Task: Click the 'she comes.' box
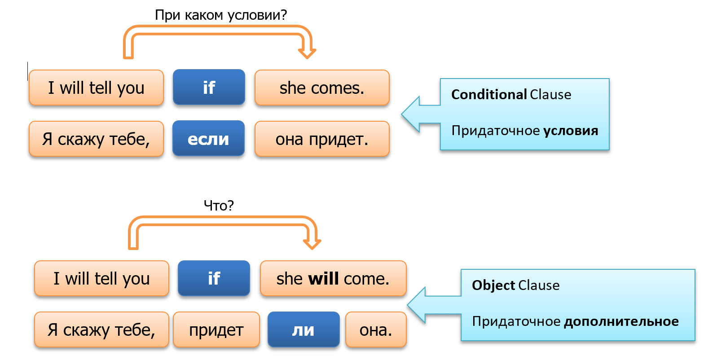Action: coord(321,88)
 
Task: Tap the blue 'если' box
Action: coord(208,139)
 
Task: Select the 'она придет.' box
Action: coord(321,139)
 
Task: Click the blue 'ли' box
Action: coord(303,330)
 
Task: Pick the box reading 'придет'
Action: coord(216,330)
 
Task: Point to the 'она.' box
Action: coord(376,330)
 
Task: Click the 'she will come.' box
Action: coord(333,279)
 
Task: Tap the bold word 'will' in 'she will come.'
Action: coord(323,279)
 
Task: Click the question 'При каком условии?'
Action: coord(220,15)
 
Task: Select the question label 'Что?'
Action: coord(219,206)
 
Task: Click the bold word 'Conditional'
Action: coord(489,95)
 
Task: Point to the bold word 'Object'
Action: coord(493,285)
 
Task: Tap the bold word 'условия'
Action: coord(571,131)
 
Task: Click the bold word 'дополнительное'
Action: coord(621,321)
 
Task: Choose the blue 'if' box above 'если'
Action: coord(209,88)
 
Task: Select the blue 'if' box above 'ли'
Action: coord(214,279)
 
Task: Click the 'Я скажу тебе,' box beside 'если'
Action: coord(96,139)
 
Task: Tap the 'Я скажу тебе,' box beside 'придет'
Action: coord(101,330)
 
